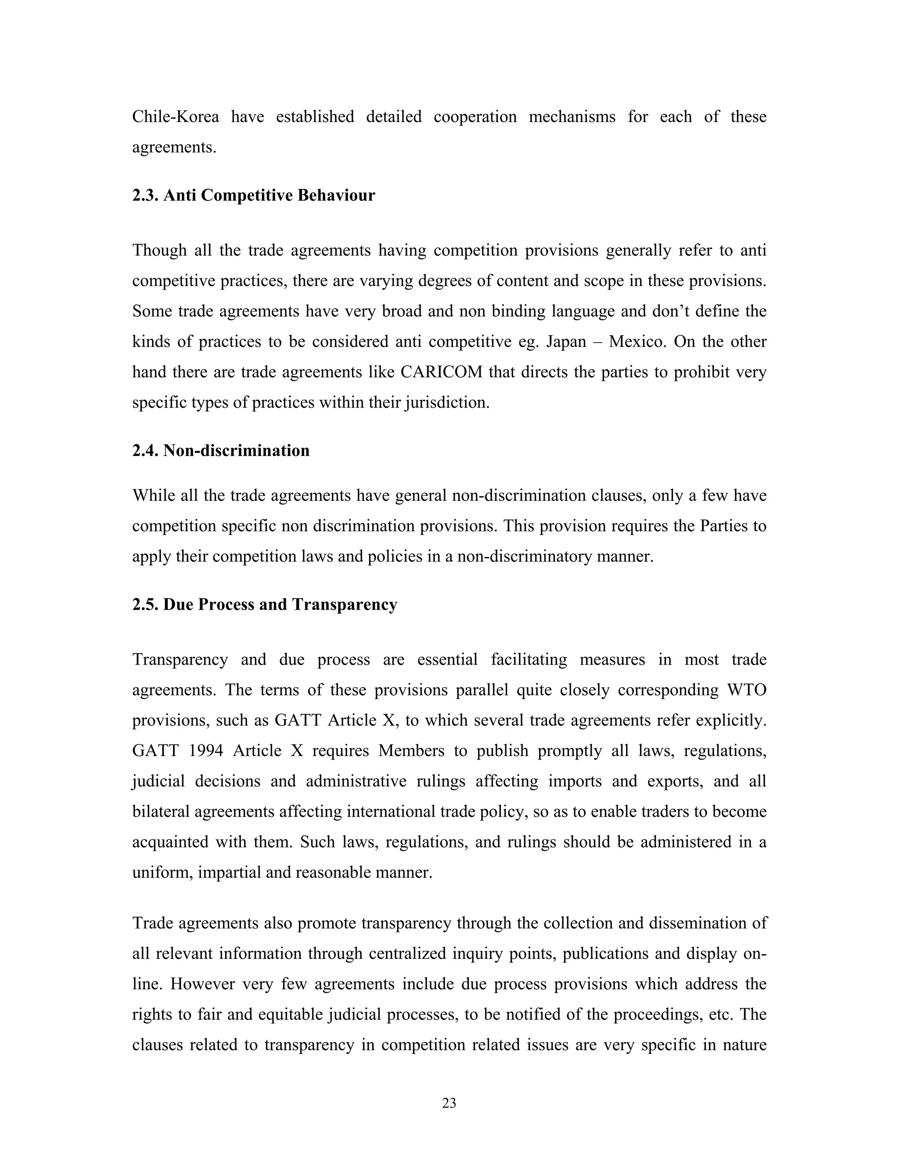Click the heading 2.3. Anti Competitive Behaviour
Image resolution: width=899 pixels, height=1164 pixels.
[254, 195]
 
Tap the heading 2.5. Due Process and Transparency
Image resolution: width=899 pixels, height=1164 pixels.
[265, 604]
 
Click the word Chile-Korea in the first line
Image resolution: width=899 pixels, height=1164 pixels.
[175, 117]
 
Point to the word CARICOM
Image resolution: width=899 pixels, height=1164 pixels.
[441, 372]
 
